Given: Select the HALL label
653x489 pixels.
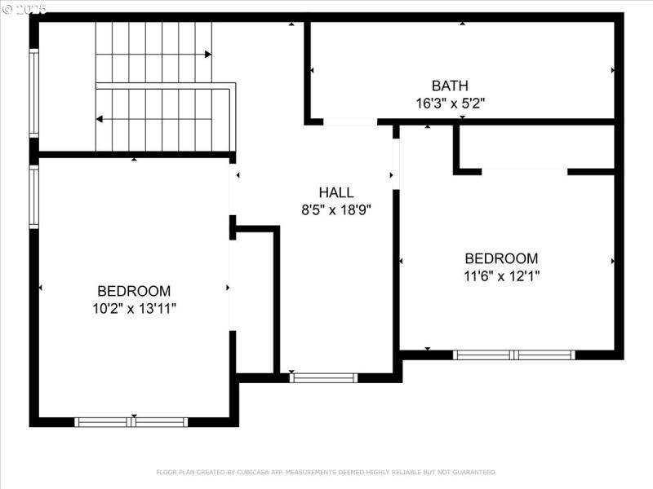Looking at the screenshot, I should [336, 192].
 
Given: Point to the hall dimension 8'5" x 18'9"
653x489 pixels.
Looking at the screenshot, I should [336, 209].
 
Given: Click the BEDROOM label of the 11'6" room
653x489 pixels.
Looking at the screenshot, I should [501, 258].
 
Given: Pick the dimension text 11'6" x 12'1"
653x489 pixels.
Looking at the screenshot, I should [501, 276].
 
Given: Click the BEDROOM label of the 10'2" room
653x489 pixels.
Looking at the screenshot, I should [134, 291].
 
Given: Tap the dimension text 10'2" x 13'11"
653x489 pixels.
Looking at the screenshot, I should [134, 308].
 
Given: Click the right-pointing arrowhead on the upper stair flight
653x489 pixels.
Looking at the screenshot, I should [208, 55].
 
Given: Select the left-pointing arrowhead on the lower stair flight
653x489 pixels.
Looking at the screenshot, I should [100, 119].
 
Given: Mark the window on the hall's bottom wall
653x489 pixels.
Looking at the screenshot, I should [324, 377].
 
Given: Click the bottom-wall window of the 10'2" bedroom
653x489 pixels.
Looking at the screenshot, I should [131, 422].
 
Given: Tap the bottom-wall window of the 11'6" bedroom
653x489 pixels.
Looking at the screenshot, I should [514, 355].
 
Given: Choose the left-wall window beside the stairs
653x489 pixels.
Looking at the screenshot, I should [34, 92].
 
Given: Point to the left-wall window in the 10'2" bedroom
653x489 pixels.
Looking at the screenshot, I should [34, 196].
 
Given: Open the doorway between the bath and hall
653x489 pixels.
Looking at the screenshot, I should [350, 122].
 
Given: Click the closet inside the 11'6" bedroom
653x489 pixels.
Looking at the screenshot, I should [535, 147].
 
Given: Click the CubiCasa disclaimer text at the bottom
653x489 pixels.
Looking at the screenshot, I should [326, 472].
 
